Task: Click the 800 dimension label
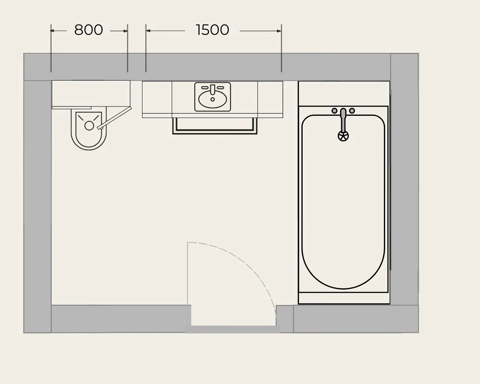[x=88, y=30]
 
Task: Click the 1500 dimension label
[x=212, y=30]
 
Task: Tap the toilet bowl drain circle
[x=89, y=126]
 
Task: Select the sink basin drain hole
[x=212, y=99]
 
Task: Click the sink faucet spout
[x=213, y=90]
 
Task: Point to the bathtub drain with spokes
[x=343, y=136]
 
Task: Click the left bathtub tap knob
[x=334, y=111]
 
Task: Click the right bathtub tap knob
[x=352, y=111]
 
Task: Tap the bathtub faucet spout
[x=343, y=120]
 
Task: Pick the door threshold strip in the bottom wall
[x=232, y=329]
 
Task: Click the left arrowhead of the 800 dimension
[x=52, y=31]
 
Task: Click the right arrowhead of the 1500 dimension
[x=279, y=31]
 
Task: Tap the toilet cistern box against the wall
[x=91, y=93]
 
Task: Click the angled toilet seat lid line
[x=114, y=118]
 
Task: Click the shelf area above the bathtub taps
[x=344, y=94]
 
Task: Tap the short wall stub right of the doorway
[x=285, y=319]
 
